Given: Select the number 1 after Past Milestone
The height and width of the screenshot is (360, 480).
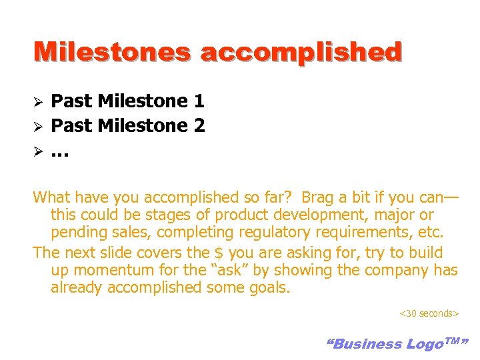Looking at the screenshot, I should tap(199, 101).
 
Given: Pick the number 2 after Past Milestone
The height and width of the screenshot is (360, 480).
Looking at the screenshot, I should tap(199, 125).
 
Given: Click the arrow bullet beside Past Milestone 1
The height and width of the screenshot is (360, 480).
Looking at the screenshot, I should tap(39, 102).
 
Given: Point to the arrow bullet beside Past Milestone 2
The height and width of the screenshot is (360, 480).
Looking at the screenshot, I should tap(39, 126).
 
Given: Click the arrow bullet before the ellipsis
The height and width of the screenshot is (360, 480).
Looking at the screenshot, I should tap(39, 150).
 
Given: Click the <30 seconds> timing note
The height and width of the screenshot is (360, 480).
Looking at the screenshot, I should tap(429, 313).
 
